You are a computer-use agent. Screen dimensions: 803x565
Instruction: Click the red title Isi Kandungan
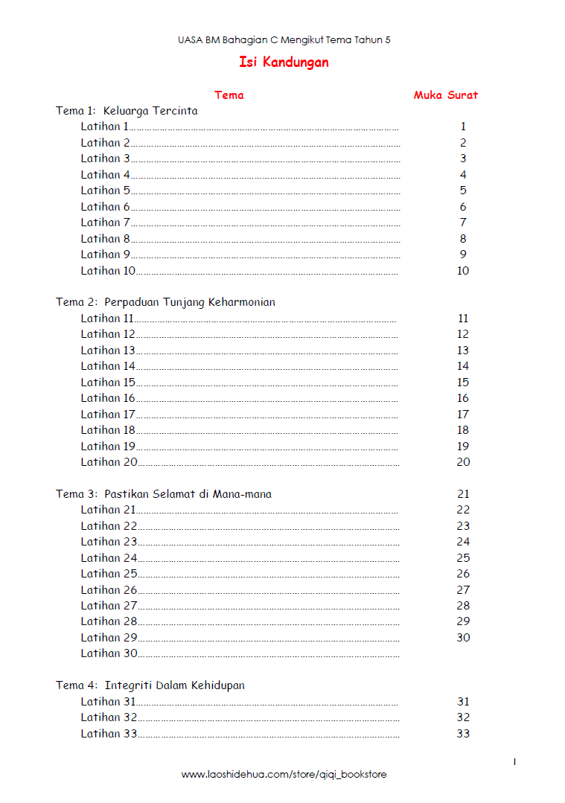pyautogui.click(x=284, y=63)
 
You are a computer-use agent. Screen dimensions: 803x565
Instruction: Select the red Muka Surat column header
pyautogui.click(x=446, y=95)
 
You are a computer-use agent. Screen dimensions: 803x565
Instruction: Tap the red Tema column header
pyautogui.click(x=229, y=95)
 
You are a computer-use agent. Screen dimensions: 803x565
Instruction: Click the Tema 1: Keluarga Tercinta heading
pyautogui.click(x=127, y=111)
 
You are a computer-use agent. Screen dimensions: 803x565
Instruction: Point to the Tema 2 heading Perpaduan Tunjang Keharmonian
pyautogui.click(x=165, y=302)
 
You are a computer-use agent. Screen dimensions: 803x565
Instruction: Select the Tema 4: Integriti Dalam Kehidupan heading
pyautogui.click(x=150, y=685)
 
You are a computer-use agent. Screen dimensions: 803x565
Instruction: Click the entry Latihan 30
pyautogui.click(x=109, y=653)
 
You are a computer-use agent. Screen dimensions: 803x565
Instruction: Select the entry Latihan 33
pyautogui.click(x=109, y=734)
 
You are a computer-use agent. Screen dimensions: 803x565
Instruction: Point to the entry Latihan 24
pyautogui.click(x=109, y=558)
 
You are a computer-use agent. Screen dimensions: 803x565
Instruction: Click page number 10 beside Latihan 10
pyautogui.click(x=463, y=271)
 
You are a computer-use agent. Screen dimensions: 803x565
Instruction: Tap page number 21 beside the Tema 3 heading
pyautogui.click(x=464, y=494)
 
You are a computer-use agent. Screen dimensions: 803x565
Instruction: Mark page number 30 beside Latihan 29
pyautogui.click(x=464, y=638)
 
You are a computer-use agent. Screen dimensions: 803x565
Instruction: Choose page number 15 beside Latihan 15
pyautogui.click(x=463, y=383)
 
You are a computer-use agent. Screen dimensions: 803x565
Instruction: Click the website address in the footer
pyautogui.click(x=284, y=775)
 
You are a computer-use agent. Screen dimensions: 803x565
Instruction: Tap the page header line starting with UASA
pyautogui.click(x=284, y=40)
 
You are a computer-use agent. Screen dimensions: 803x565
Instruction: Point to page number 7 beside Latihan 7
pyautogui.click(x=463, y=223)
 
